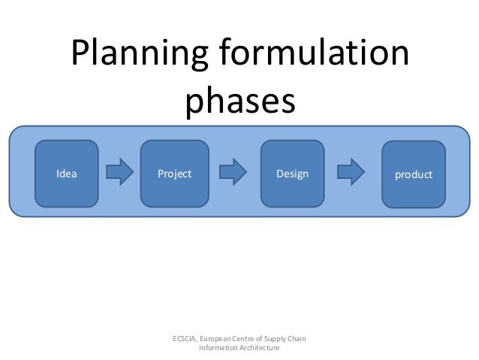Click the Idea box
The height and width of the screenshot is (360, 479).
[70, 174]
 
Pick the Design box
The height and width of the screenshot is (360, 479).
[291, 174]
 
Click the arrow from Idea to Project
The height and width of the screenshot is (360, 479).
[119, 174]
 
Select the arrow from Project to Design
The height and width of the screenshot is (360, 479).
[235, 174]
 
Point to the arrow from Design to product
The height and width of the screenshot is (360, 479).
[351, 174]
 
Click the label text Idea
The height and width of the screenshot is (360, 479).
[67, 174]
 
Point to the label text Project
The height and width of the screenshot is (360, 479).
[174, 174]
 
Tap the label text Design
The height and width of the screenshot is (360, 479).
[292, 174]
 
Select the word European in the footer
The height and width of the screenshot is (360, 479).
[224, 339]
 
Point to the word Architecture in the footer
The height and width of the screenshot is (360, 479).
[261, 349]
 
